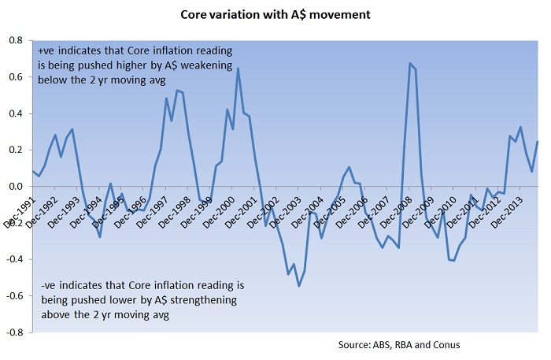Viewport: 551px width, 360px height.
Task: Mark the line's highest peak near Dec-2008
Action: pyautogui.click(x=410, y=63)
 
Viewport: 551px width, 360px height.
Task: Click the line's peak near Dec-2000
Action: pyautogui.click(x=238, y=69)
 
